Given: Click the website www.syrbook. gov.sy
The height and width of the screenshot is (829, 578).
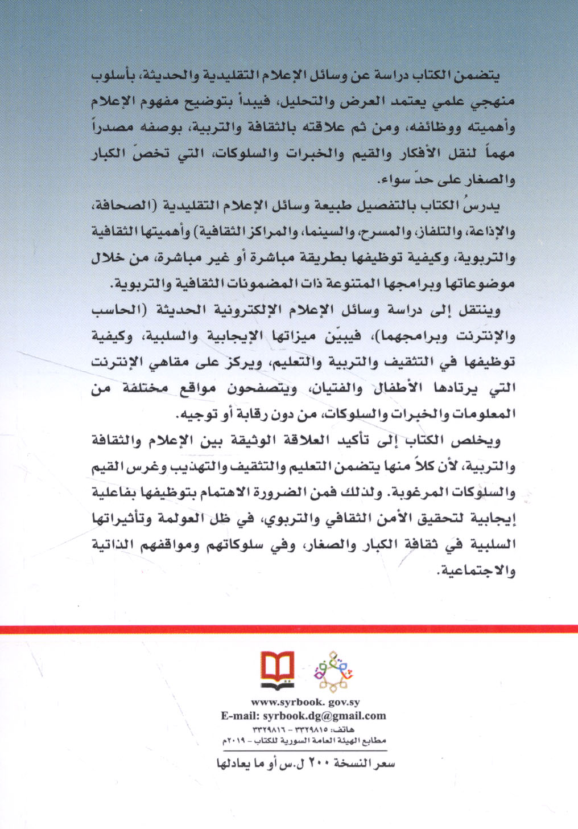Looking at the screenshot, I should [305, 703].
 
